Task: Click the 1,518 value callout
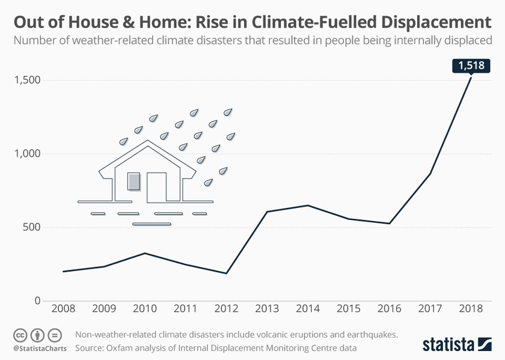[471, 65]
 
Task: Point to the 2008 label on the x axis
[63, 308]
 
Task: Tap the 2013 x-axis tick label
[267, 308]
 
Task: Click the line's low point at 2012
[226, 273]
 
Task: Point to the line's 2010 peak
[145, 253]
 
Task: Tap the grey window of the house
[133, 181]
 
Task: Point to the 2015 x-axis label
[349, 308]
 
